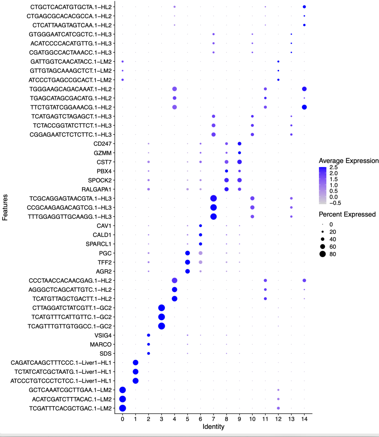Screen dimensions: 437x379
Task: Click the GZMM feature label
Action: pos(102,153)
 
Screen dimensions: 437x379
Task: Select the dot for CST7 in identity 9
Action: pos(239,162)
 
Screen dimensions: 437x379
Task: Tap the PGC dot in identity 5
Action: pos(187,253)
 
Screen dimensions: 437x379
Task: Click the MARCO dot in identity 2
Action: pos(148,344)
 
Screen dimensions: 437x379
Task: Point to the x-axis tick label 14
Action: pos(304,419)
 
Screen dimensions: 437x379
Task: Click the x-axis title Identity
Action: pos(213,427)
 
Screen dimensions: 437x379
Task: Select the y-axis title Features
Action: pos(5,207)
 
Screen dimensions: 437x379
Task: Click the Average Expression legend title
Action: pos(348,161)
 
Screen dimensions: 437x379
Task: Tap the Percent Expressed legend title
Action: pos(347,214)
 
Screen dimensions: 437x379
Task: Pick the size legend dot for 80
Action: pos(323,254)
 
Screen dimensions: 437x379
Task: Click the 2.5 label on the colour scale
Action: pos(333,167)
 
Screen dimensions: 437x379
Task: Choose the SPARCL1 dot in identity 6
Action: pos(200,244)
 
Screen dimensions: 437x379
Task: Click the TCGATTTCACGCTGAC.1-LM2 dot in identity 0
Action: pos(122,408)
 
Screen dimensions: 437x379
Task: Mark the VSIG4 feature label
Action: pos(103,336)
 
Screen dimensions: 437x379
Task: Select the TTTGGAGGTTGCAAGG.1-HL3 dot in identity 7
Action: pos(213,217)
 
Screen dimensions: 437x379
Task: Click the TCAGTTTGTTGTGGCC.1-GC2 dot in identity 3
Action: pos(161,326)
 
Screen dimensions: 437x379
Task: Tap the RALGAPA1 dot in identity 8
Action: pos(226,189)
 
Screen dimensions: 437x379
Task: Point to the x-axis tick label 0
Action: pos(122,419)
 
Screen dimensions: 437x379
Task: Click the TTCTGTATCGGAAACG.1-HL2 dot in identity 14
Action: pos(304,107)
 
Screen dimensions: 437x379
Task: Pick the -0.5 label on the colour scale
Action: pos(335,203)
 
